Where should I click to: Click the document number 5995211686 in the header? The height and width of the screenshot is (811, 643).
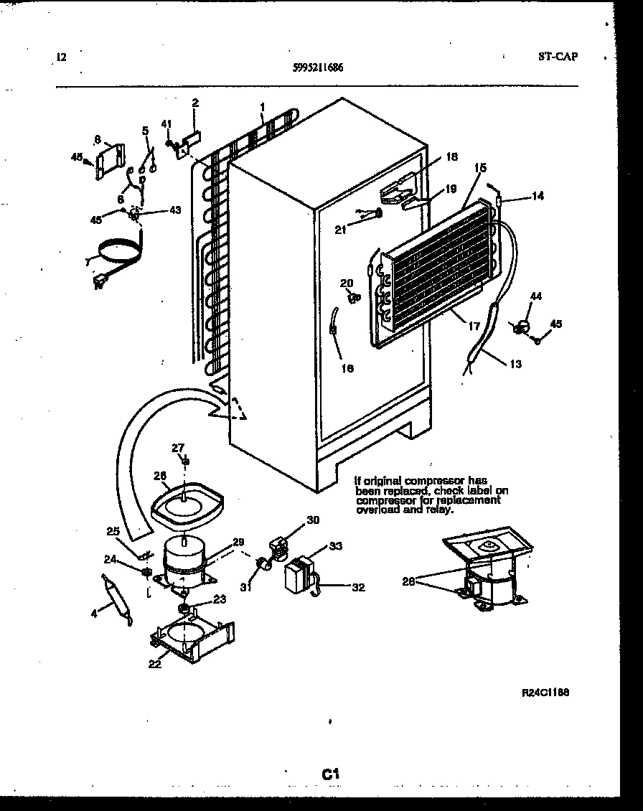(318, 68)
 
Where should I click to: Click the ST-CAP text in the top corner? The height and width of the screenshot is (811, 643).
(557, 57)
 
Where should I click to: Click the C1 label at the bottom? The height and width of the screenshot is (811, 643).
(329, 774)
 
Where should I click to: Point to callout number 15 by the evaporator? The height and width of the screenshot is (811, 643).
(480, 167)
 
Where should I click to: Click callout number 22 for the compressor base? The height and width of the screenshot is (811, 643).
(154, 664)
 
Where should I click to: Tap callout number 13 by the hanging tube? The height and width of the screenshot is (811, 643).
(515, 363)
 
